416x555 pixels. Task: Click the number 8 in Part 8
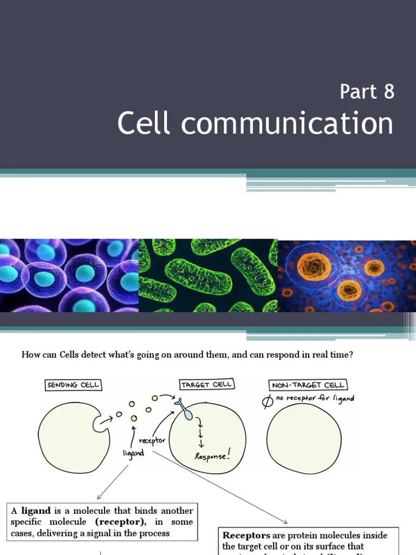click(388, 92)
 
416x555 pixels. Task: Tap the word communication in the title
click(287, 123)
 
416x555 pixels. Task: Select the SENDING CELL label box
click(74, 385)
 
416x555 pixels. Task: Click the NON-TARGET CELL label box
click(308, 385)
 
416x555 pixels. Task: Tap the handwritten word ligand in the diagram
click(133, 452)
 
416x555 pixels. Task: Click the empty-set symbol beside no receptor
click(267, 401)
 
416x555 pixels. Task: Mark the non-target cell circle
click(304, 439)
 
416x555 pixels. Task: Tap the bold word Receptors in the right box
click(246, 535)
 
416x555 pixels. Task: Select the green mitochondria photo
click(208, 276)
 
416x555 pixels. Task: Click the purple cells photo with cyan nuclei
click(69, 276)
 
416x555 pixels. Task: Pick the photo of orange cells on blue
click(347, 276)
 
